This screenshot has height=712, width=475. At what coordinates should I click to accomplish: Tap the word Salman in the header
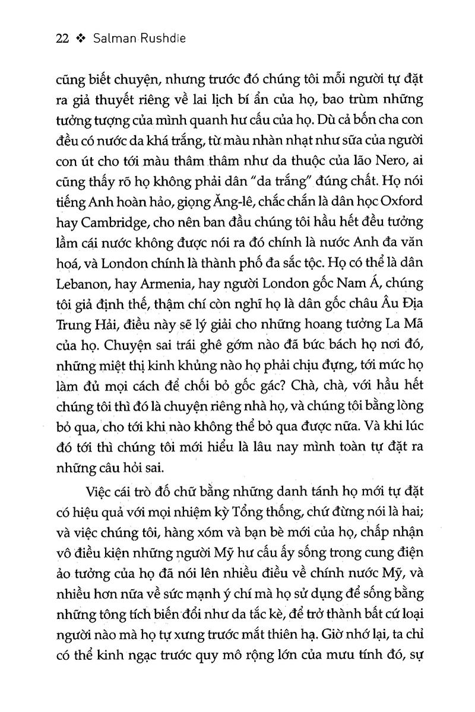[118, 39]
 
